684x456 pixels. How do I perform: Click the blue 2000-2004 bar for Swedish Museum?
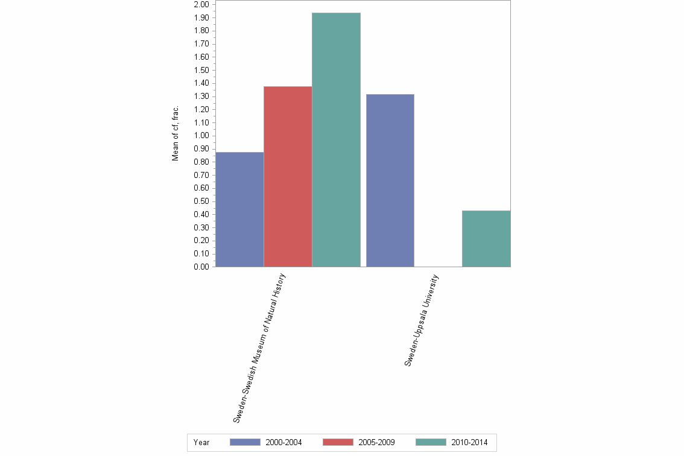(x=239, y=209)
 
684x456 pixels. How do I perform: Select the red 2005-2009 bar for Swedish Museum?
(x=288, y=176)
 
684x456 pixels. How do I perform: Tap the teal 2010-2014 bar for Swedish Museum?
(x=336, y=139)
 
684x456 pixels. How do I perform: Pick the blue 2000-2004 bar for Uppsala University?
(x=390, y=180)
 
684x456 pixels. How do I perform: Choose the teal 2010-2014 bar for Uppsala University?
(x=486, y=238)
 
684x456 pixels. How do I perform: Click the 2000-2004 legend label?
(x=283, y=443)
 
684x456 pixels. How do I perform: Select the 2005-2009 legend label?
(x=376, y=443)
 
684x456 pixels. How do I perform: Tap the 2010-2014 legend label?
(x=469, y=443)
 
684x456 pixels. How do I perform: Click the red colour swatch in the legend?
(x=338, y=443)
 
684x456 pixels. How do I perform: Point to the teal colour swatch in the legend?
(x=431, y=443)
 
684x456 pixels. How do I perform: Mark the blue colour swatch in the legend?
(x=245, y=443)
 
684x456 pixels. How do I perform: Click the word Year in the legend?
(x=201, y=443)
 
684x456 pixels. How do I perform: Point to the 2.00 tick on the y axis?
(x=201, y=5)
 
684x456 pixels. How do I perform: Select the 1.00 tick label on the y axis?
(x=201, y=136)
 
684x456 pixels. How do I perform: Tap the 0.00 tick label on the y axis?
(x=201, y=267)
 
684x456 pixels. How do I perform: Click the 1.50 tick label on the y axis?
(x=201, y=70)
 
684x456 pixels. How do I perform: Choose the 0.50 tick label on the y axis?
(x=201, y=201)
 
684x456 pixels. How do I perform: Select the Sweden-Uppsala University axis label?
(x=422, y=320)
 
